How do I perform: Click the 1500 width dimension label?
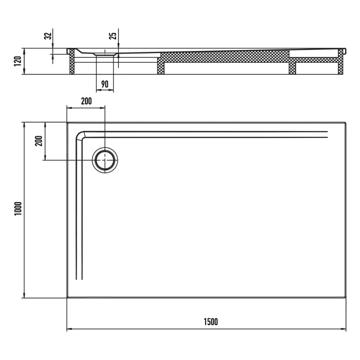pyautogui.click(x=210, y=322)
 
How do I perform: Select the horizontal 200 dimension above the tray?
pyautogui.click(x=86, y=101)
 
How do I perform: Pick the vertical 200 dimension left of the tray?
pyautogui.click(x=38, y=141)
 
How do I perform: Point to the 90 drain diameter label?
pyautogui.click(x=105, y=84)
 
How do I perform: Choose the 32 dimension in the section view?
pyautogui.click(x=47, y=37)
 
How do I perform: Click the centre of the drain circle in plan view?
pyautogui.click(x=105, y=160)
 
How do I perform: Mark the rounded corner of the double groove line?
pyautogui.click(x=81, y=136)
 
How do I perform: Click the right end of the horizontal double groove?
pyautogui.click(x=327, y=135)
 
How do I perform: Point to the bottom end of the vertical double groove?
pyautogui.click(x=79, y=279)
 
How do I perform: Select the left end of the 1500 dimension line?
pyautogui.click(x=67, y=329)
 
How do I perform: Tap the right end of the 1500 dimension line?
pyautogui.click(x=345, y=329)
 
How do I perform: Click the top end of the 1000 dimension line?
pyautogui.click(x=23, y=122)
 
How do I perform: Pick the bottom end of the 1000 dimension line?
pyautogui.click(x=23, y=297)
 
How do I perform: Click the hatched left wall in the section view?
pyautogui.click(x=72, y=62)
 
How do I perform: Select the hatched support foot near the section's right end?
pyautogui.click(x=292, y=65)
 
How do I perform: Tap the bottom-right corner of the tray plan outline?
pyautogui.click(x=345, y=297)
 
